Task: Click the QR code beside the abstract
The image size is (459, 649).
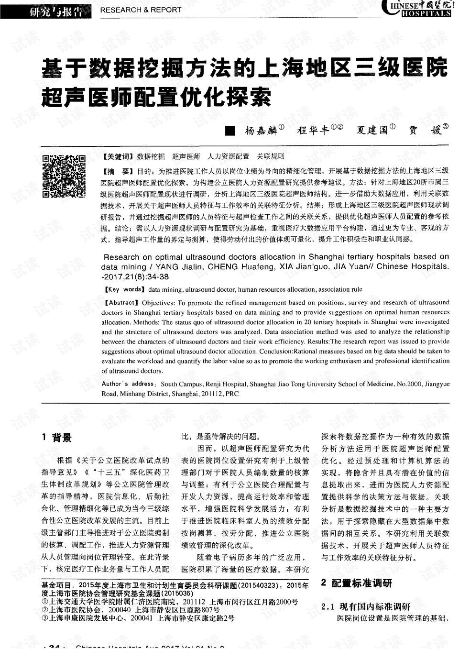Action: pos(64,176)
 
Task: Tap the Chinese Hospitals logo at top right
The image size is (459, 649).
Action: pos(417,8)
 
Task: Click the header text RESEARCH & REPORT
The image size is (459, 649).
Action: pos(141,10)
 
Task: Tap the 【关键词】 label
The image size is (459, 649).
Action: pos(117,156)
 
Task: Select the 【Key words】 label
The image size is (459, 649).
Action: pos(123,289)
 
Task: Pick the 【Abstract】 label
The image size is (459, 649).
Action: pos(120,303)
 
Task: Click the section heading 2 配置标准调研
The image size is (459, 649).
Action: pos(356,583)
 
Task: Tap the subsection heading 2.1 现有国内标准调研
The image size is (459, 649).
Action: pos(366,606)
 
